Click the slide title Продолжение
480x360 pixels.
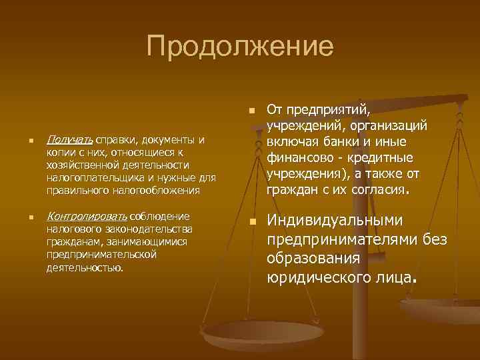(240, 47)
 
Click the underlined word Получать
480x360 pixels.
(70, 139)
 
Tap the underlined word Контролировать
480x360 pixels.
(87, 216)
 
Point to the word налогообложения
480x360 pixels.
(157, 190)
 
